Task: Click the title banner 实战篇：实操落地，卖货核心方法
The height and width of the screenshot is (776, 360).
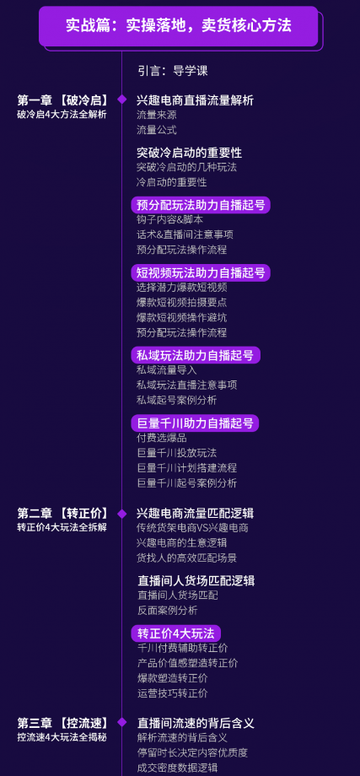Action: click(x=179, y=26)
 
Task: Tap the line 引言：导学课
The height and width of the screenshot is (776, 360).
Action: click(x=173, y=70)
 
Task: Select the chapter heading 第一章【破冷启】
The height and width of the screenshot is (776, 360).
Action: click(x=62, y=100)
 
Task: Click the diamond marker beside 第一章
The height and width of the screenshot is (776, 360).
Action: click(x=121, y=100)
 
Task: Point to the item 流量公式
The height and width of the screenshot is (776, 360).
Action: click(x=156, y=130)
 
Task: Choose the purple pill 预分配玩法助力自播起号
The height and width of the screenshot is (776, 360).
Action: click(x=201, y=205)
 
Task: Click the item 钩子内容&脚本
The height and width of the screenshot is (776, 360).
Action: click(x=169, y=219)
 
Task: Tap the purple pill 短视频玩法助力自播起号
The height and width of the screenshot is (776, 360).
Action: click(x=201, y=272)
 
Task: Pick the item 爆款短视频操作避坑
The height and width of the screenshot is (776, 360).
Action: click(x=181, y=317)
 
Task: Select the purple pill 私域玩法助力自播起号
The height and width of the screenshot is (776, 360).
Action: click(x=196, y=355)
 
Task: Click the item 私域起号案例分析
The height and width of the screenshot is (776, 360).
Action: click(x=176, y=400)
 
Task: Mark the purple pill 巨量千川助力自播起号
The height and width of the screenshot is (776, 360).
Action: click(x=195, y=423)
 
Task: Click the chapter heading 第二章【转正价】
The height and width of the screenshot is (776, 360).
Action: click(x=62, y=513)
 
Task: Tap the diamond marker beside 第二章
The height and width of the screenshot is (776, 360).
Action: click(x=121, y=513)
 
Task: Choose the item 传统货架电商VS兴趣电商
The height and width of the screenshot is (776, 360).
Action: click(x=192, y=528)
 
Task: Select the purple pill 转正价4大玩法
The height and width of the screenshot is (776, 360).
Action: click(x=175, y=633)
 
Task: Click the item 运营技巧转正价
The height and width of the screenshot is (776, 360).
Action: click(x=173, y=692)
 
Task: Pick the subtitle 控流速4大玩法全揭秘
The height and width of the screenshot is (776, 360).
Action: click(x=62, y=737)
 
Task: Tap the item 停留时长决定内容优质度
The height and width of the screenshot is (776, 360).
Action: click(x=192, y=752)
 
